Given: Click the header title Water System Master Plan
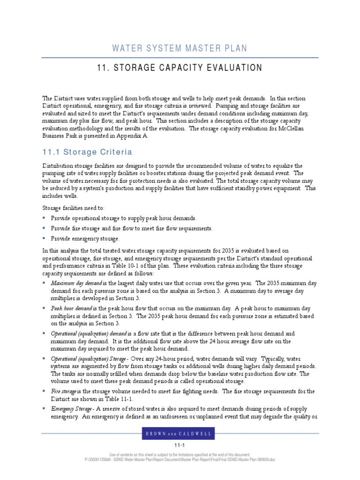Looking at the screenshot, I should click(x=180, y=48).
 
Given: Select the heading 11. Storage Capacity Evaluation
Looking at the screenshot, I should click(x=180, y=68).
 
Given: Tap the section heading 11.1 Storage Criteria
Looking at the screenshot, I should click(x=87, y=152).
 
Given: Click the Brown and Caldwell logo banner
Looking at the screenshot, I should click(x=180, y=434).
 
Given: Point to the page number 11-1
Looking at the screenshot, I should click(x=180, y=445).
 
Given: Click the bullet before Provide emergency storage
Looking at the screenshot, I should click(x=44, y=238).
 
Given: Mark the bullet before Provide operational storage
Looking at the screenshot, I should click(x=44, y=218).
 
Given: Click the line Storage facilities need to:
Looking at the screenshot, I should click(x=74, y=208).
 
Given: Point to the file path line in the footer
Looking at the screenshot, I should click(x=180, y=459).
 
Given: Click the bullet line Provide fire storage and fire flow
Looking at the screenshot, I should click(x=131, y=228).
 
